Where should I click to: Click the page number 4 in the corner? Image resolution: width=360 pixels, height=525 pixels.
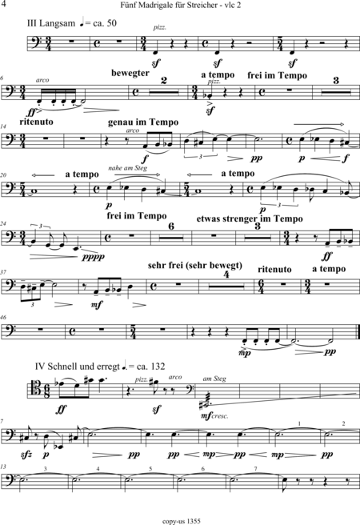(x=3, y=4)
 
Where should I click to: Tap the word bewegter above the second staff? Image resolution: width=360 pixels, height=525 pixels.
(x=130, y=74)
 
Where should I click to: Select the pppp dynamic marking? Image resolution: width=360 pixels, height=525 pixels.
(x=94, y=257)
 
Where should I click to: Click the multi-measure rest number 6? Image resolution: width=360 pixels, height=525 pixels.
(x=171, y=226)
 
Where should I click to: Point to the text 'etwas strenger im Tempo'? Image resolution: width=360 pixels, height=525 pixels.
(x=250, y=219)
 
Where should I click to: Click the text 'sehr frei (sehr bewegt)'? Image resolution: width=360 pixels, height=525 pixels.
(x=195, y=266)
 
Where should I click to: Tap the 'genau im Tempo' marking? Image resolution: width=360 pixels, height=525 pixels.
(x=143, y=122)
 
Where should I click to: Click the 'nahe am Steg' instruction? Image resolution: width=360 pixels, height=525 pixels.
(x=127, y=168)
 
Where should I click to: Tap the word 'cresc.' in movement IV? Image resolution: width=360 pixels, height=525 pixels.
(x=220, y=416)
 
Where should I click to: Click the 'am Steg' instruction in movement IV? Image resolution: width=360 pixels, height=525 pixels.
(x=214, y=379)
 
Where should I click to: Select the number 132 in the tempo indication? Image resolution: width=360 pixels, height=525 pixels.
(x=158, y=367)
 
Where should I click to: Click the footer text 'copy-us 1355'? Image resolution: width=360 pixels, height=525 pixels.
(x=182, y=521)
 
